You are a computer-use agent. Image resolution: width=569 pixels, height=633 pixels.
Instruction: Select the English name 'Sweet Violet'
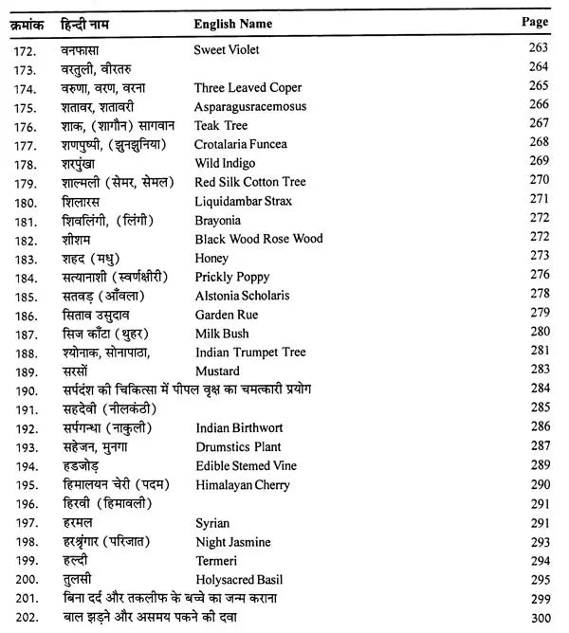227,49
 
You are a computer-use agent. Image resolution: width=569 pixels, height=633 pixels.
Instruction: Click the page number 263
539,49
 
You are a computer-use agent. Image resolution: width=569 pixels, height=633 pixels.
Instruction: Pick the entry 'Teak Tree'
222,124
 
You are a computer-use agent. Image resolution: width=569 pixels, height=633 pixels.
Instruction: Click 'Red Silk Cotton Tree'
250,181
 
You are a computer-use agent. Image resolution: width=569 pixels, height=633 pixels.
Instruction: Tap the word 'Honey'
211,257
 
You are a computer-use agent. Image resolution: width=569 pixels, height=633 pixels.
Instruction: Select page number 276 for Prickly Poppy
539,276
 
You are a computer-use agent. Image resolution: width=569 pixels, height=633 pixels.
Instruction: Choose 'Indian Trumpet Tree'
250,352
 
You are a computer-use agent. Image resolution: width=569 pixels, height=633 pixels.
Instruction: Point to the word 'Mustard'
217,371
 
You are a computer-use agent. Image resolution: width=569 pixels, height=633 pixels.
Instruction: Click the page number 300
539,618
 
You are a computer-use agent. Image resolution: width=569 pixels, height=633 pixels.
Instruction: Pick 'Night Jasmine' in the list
232,541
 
